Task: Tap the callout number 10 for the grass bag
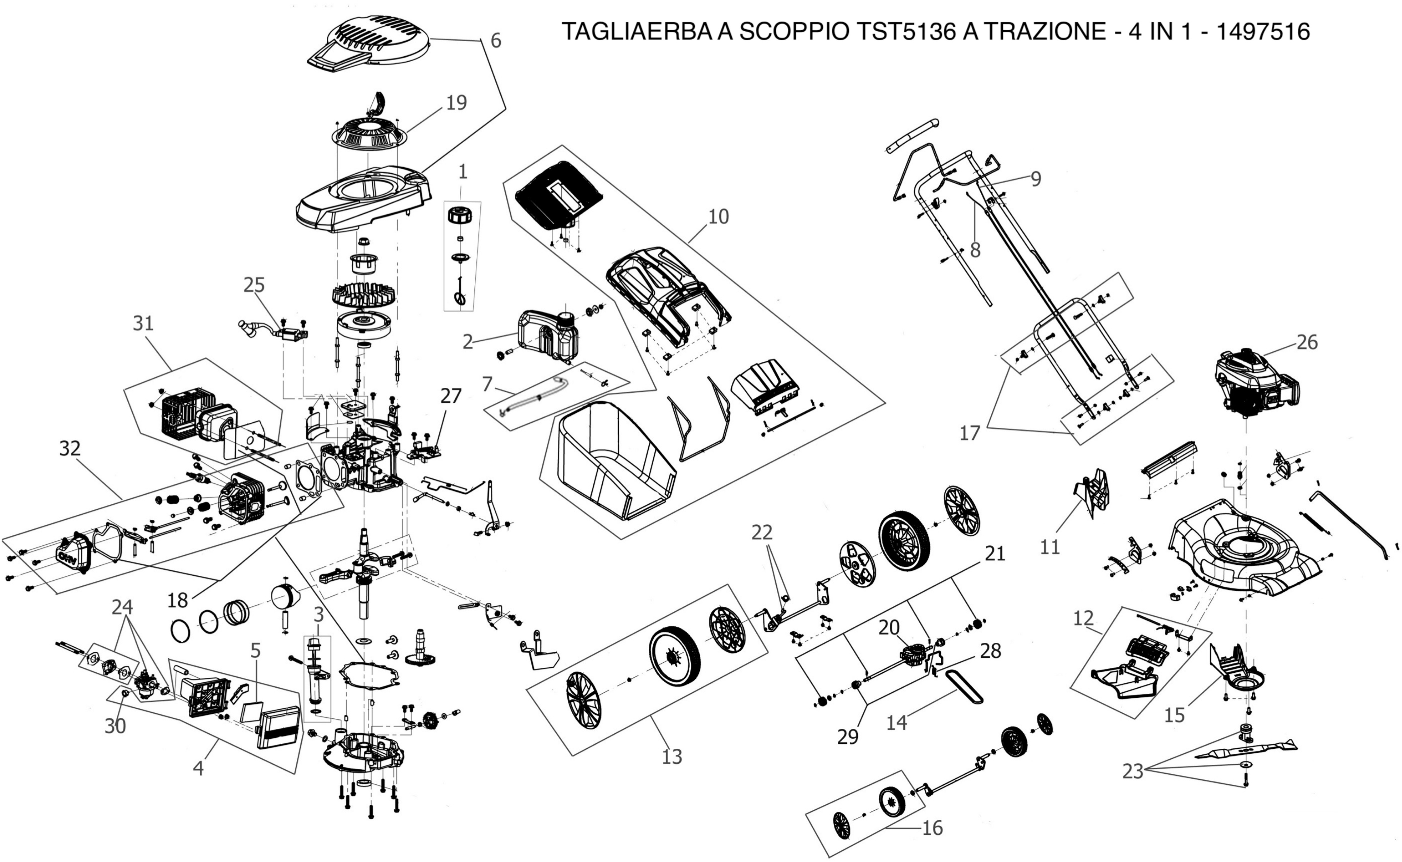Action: click(719, 217)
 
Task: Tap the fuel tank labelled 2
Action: click(547, 336)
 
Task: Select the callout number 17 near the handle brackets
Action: click(969, 433)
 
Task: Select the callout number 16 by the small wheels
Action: click(932, 827)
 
